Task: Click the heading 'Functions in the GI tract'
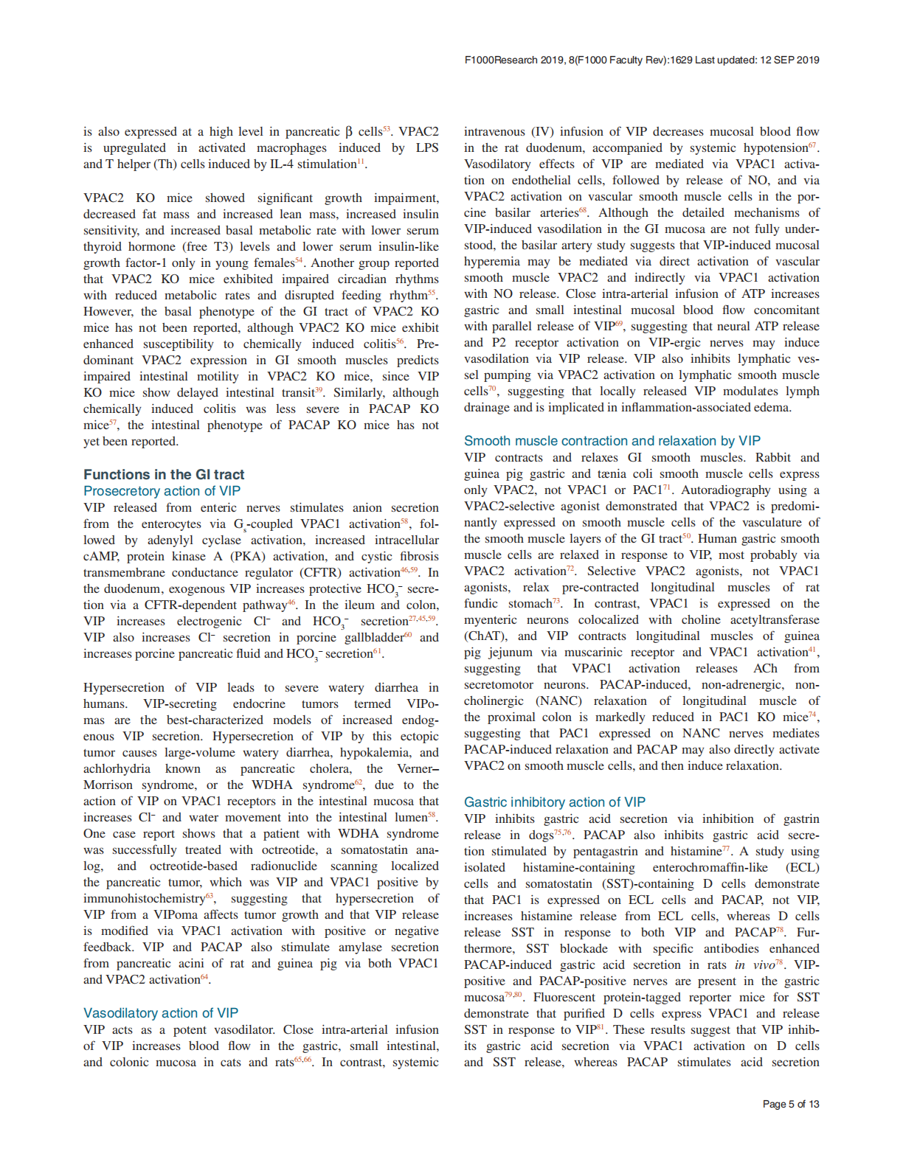tap(164, 474)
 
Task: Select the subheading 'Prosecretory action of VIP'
tap(162, 491)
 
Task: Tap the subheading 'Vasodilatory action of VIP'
tap(161, 1013)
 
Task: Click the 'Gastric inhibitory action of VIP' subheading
tap(555, 802)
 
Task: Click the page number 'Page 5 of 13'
tap(791, 1104)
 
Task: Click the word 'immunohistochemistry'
tap(144, 899)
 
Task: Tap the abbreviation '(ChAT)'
tap(485, 636)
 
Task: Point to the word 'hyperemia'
tap(491, 262)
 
